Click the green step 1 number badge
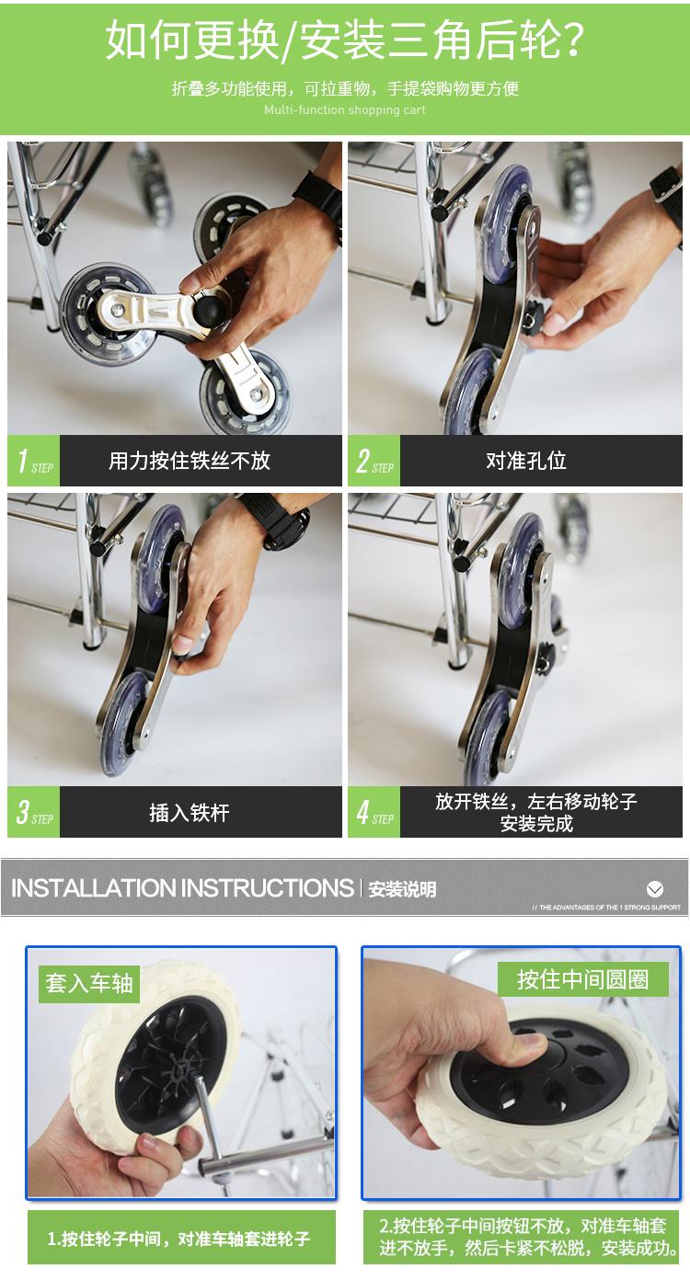34,461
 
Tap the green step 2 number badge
374,461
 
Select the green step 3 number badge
34,812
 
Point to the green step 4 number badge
374,812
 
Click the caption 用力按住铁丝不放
190,461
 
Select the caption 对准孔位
526,461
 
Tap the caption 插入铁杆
190,813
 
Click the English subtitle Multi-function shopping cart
345,109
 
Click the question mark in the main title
569,40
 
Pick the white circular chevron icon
654,888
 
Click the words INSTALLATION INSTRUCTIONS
182,888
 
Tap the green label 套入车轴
89,983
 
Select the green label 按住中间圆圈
582,979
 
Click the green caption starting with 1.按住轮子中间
178,1239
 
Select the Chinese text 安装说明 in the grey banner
402,889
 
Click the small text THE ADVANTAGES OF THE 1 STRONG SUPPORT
606,908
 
